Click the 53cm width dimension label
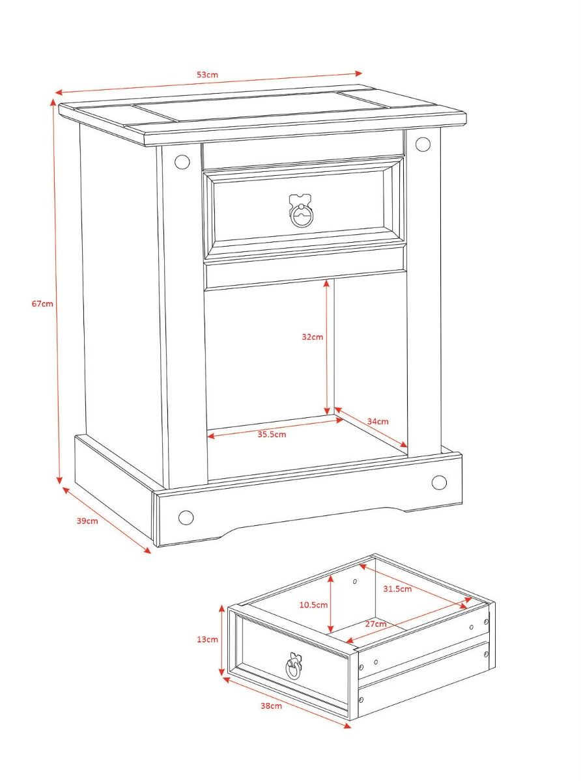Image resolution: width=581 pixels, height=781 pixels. point(207,75)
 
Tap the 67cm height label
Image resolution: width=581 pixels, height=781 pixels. point(42,303)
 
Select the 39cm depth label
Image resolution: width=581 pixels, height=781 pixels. point(87,521)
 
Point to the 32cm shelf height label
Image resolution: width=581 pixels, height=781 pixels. point(313,337)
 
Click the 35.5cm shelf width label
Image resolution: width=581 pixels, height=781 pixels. point(272,435)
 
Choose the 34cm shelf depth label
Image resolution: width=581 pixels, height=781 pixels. point(378,422)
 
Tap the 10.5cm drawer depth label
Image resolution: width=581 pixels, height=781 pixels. point(313,605)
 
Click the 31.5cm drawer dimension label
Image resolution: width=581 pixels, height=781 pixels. point(397,589)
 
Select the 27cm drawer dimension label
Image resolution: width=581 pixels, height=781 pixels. point(375,624)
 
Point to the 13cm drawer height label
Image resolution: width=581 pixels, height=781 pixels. point(207,640)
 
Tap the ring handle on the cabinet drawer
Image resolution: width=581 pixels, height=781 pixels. point(301,215)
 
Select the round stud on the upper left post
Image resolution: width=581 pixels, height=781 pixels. point(182,161)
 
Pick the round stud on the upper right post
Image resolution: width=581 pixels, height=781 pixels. point(423,144)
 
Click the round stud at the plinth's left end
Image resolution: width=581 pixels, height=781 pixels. point(186,517)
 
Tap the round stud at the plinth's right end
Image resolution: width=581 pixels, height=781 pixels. point(439,482)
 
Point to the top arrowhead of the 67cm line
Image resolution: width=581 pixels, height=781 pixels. point(53,102)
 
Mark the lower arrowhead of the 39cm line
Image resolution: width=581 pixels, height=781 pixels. point(147,551)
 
